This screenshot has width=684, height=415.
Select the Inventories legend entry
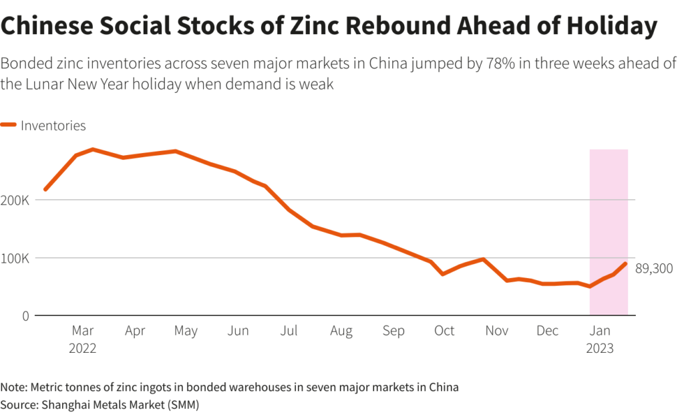pyautogui.click(x=53, y=125)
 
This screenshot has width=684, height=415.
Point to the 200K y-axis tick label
pyautogui.click(x=16, y=200)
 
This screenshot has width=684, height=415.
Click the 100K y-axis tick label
pyautogui.click(x=16, y=258)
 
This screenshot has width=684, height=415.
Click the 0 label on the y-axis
pyautogui.click(x=25, y=315)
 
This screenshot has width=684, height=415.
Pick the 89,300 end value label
pyautogui.click(x=653, y=269)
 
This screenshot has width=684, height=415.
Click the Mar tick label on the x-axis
pyautogui.click(x=83, y=331)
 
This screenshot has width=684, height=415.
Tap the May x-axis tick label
pyautogui.click(x=186, y=331)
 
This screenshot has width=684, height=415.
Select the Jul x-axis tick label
pyautogui.click(x=289, y=331)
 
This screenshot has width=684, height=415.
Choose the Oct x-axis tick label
pyautogui.click(x=444, y=331)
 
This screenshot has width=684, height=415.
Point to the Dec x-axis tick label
pyautogui.click(x=548, y=331)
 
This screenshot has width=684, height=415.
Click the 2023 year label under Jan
pyautogui.click(x=599, y=348)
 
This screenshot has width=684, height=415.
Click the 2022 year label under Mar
pyautogui.click(x=83, y=348)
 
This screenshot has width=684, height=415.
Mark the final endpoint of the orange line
pyautogui.click(x=626, y=263)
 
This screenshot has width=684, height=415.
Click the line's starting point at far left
pyautogui.click(x=45, y=190)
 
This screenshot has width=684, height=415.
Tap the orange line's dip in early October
pyautogui.click(x=442, y=274)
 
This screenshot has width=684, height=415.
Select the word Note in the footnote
pyautogui.click(x=11, y=388)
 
